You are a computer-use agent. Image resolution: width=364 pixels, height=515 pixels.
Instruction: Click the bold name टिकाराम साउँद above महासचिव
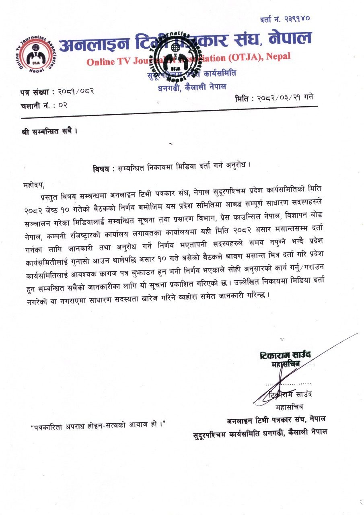(x=285, y=356)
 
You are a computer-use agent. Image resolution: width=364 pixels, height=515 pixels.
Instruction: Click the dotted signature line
(x=288, y=385)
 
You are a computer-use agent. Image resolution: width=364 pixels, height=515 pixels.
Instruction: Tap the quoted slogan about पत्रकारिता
(x=99, y=424)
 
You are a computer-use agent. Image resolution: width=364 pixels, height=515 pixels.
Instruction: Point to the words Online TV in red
(x=105, y=62)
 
